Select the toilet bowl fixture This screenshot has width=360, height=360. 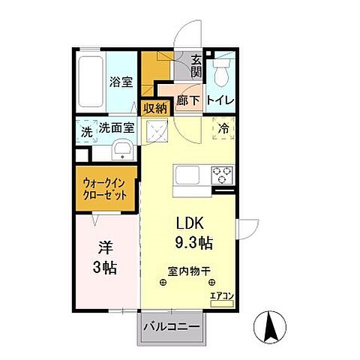tap(221, 73)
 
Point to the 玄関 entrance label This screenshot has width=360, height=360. tap(196, 67)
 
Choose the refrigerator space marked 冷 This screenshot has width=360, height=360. tap(223, 130)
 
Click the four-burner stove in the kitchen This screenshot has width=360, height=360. tap(222, 175)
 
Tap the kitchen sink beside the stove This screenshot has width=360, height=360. tap(187, 177)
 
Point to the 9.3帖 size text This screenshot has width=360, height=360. tap(192, 244)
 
